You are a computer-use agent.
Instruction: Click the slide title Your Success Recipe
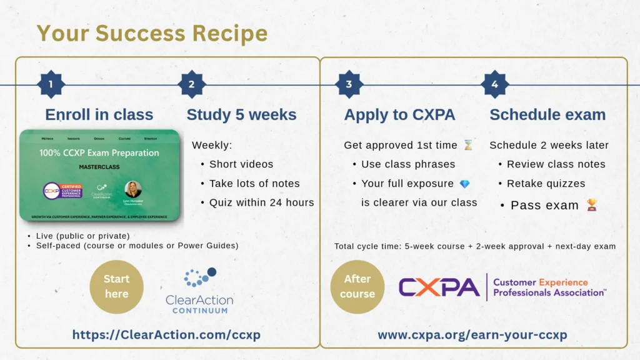pyautogui.click(x=152, y=33)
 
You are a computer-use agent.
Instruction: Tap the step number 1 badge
pyautogui.click(x=51, y=84)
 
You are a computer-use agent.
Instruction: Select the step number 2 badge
pyautogui.click(x=191, y=84)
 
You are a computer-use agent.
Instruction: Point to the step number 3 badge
pyautogui.click(x=349, y=84)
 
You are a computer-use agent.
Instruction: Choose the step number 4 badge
pyautogui.click(x=495, y=84)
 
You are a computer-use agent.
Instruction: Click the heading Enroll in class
pyautogui.click(x=99, y=115)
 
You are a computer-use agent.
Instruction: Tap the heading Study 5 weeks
pyautogui.click(x=241, y=115)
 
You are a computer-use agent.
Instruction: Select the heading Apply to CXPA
pyautogui.click(x=399, y=115)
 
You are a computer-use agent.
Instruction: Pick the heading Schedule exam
pyautogui.click(x=547, y=115)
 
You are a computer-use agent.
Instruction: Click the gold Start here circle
pyautogui.click(x=116, y=287)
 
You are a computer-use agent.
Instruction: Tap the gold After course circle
pyautogui.click(x=357, y=287)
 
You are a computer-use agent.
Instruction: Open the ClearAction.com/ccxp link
pyautogui.click(x=166, y=335)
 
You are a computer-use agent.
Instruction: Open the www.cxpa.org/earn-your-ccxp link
pyautogui.click(x=472, y=335)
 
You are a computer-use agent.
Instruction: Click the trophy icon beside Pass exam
pyautogui.click(x=591, y=204)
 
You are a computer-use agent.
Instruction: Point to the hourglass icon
pyautogui.click(x=468, y=145)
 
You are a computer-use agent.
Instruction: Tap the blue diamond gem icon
pyautogui.click(x=464, y=184)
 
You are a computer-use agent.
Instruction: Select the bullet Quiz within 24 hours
pyautogui.click(x=261, y=202)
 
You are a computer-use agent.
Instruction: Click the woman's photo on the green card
pyautogui.click(x=133, y=189)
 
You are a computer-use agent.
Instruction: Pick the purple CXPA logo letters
pyautogui.click(x=439, y=287)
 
